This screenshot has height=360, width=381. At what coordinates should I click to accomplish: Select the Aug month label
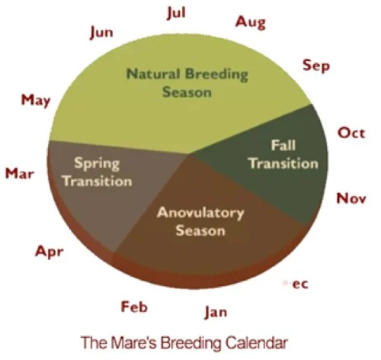coord(251,22)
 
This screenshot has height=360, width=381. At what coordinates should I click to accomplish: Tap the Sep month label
coord(315,66)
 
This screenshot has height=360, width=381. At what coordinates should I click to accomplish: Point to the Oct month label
coord(351,133)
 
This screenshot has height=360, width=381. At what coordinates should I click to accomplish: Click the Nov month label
coord(351,198)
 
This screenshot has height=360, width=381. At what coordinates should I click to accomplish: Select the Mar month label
coord(20,173)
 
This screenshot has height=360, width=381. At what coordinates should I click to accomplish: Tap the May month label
coord(36,99)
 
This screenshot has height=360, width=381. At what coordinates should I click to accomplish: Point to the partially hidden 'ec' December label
coord(299,283)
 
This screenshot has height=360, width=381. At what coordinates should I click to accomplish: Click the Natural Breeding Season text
coord(187,83)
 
